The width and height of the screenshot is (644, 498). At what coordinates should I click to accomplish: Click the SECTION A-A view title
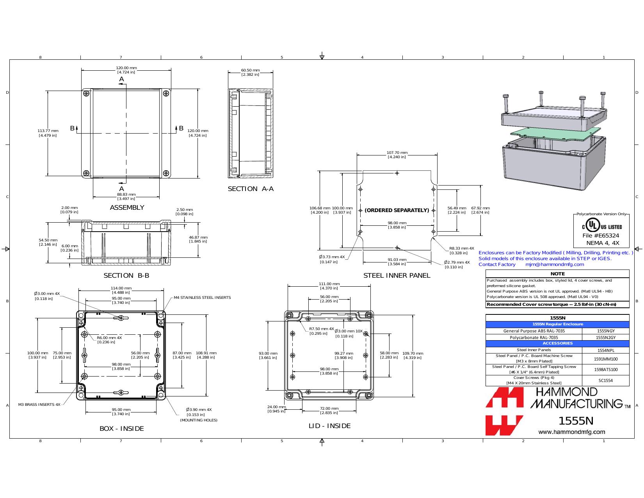point(251,189)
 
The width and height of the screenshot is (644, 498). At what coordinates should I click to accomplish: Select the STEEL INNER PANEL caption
point(397,275)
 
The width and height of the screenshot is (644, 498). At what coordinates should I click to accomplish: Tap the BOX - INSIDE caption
point(121,428)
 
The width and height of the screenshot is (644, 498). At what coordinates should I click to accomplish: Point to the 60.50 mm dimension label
point(251,72)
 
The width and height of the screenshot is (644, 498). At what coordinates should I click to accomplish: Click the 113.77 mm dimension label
point(48,133)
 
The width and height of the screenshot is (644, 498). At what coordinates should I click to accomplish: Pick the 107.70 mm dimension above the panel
point(397,155)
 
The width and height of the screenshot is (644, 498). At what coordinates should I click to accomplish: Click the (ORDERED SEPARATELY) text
point(397,210)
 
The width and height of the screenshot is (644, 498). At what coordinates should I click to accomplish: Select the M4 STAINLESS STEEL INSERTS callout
point(202,298)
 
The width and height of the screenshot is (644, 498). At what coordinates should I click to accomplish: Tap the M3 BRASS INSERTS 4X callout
point(39,405)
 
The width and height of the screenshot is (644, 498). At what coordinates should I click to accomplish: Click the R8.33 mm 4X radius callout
point(461,251)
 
